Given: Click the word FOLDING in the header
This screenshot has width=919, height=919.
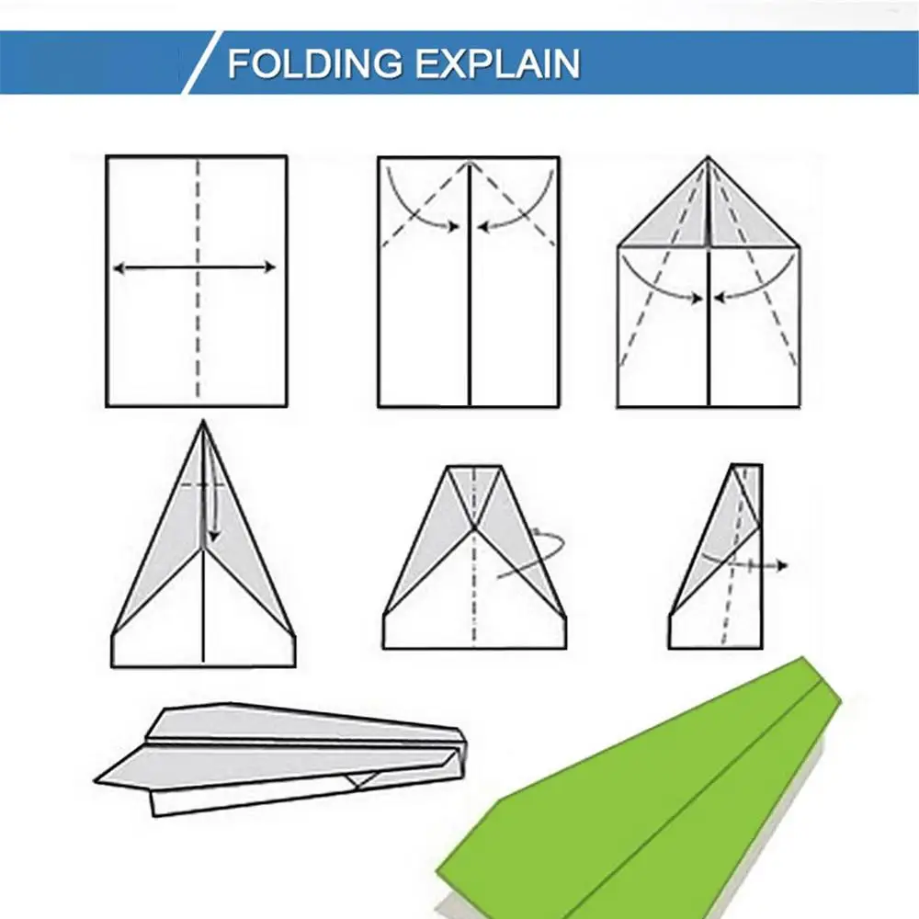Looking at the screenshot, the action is point(315,63).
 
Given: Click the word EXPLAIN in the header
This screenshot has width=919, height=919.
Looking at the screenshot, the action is point(498,63).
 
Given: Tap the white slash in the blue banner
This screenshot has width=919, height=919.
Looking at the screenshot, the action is point(202,62).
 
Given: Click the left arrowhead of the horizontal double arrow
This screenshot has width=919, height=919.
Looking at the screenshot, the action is point(119,267).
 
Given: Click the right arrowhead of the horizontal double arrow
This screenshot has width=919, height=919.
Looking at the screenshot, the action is point(269,267).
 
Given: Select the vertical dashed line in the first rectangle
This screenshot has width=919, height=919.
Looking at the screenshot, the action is point(198,279).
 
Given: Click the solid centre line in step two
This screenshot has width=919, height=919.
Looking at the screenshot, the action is point(470,284).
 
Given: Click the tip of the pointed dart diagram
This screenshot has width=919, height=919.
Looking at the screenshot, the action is point(203,421).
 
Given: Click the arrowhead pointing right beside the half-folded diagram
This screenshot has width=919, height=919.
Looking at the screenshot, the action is point(782,565).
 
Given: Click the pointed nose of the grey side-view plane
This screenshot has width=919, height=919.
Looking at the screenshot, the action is point(96,780).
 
